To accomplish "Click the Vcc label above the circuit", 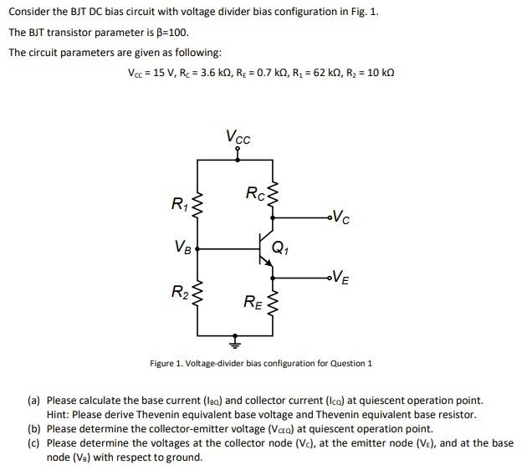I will coord(238,136).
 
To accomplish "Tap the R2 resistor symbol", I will coord(197,294).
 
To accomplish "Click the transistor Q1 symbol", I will coord(264,248).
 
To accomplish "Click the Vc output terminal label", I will coord(340,220).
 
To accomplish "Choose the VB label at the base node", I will coord(183,248).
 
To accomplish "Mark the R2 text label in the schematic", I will coord(179,292).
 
